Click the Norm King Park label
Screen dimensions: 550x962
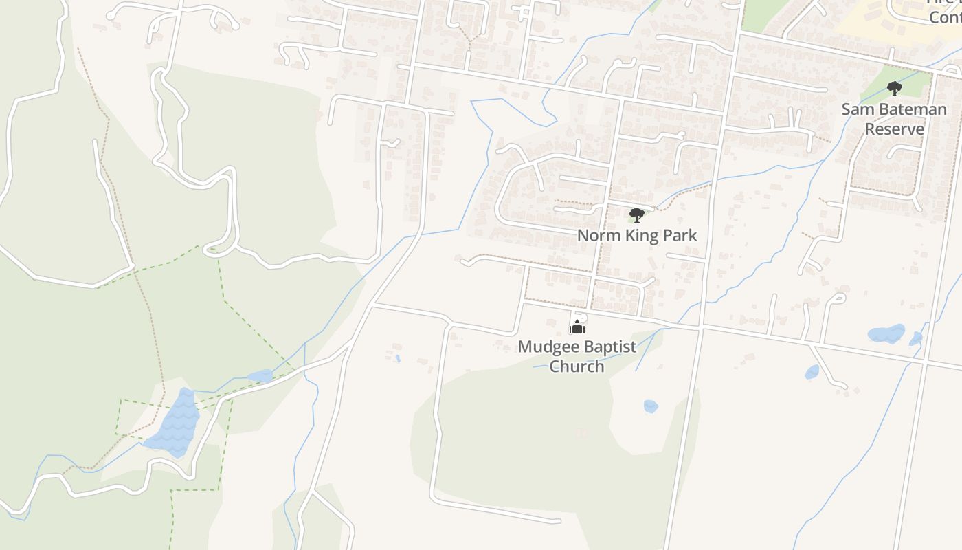636,235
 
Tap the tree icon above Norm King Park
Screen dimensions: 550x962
636,215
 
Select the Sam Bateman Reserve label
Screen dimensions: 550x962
893,119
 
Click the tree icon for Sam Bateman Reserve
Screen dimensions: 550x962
894,89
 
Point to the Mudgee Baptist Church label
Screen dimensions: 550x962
577,356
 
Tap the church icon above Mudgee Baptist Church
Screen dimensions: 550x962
577,327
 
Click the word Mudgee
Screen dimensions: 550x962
544,346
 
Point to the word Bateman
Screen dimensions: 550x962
910,109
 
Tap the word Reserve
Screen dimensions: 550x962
893,129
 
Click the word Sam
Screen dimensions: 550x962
855,109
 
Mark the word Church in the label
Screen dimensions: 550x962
577,366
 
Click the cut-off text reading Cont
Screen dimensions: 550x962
945,16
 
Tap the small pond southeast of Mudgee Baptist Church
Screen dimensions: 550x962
650,406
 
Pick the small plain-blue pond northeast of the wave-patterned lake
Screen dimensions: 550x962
260,376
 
